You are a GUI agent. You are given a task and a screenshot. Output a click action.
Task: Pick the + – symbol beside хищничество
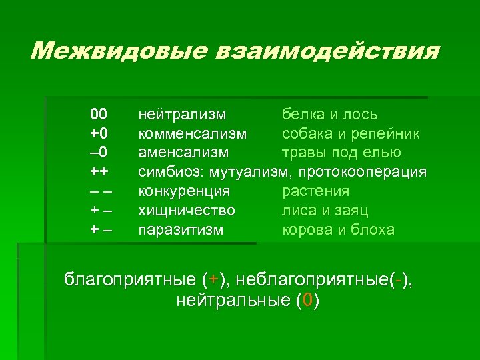pyautogui.click(x=100, y=211)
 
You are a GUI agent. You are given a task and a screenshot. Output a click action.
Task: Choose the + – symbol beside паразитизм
pyautogui.click(x=100, y=230)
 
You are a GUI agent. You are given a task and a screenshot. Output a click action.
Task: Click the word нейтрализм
pyautogui.click(x=182, y=114)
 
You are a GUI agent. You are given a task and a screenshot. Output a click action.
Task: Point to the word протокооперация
pyautogui.click(x=363, y=172)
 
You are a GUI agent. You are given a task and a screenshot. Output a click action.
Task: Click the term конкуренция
pyautogui.click(x=184, y=191)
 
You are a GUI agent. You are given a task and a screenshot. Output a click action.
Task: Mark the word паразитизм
pyautogui.click(x=181, y=230)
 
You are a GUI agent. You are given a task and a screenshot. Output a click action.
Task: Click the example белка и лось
pyautogui.click(x=330, y=114)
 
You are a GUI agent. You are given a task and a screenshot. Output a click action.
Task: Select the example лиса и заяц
pyautogui.click(x=325, y=211)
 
